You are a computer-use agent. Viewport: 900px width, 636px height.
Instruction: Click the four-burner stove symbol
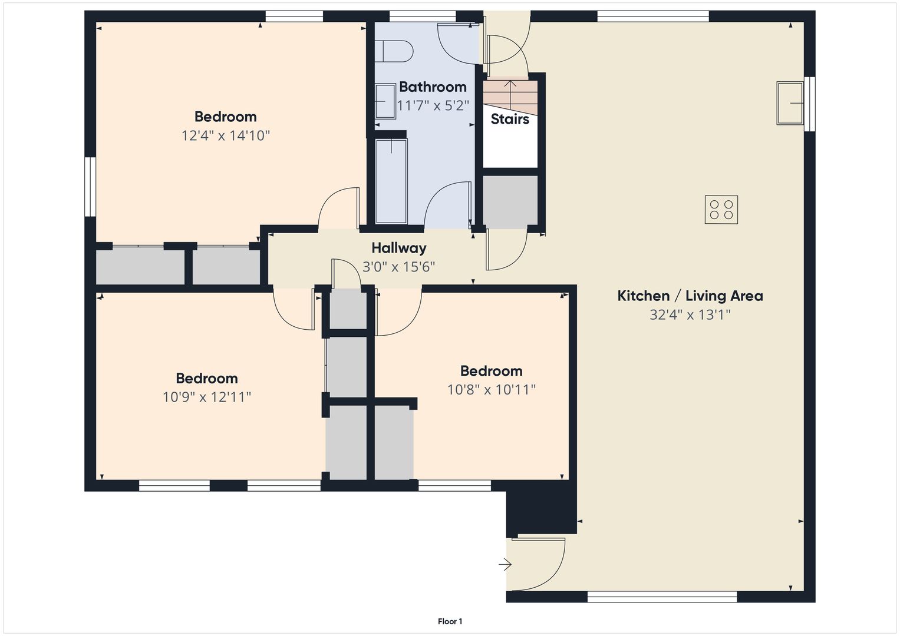721,210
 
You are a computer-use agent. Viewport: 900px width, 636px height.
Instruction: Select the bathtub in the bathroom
391,181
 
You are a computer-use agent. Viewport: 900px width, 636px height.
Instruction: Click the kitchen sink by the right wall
790,103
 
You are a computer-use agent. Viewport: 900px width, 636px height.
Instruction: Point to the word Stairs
510,119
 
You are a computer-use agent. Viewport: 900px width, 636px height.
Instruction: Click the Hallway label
398,248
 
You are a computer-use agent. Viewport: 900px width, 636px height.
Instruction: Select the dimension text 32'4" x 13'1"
690,314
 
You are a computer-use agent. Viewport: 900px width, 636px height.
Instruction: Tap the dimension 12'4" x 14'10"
225,135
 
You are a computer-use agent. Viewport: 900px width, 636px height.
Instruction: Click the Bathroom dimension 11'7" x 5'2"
433,105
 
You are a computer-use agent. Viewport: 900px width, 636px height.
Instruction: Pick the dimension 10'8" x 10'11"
492,389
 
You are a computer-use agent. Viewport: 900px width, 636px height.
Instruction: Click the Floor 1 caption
450,621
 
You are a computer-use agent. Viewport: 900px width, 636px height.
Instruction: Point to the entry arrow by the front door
505,565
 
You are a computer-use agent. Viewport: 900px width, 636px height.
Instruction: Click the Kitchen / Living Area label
690,296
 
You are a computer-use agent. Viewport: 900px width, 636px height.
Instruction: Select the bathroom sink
385,101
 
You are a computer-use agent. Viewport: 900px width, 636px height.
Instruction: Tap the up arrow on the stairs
510,92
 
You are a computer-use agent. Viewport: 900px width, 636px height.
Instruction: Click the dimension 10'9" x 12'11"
206,397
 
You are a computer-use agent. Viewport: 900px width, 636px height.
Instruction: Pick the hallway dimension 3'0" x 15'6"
398,267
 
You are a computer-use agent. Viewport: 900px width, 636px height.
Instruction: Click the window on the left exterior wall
90,187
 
